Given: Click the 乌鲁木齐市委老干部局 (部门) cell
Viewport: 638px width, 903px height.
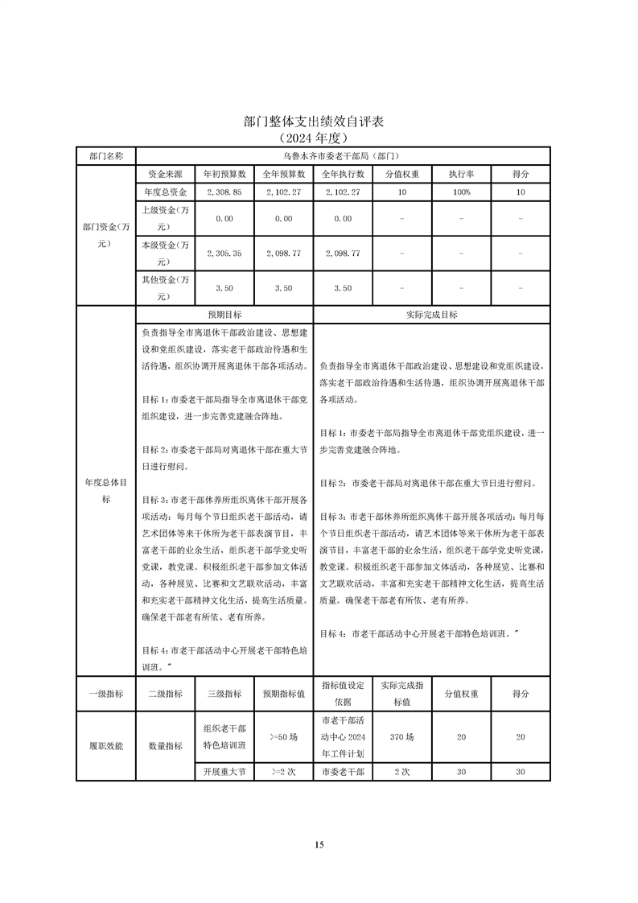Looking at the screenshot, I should coord(343,155).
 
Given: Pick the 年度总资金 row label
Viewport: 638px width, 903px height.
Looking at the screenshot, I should coord(165,192).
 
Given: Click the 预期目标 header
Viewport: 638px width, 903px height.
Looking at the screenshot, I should coord(224,315).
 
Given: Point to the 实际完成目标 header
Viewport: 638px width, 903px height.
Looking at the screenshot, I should coord(431,315).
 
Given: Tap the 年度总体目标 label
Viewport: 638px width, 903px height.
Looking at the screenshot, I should coord(105,490).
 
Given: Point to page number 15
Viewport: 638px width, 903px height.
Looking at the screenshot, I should coord(319,844).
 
